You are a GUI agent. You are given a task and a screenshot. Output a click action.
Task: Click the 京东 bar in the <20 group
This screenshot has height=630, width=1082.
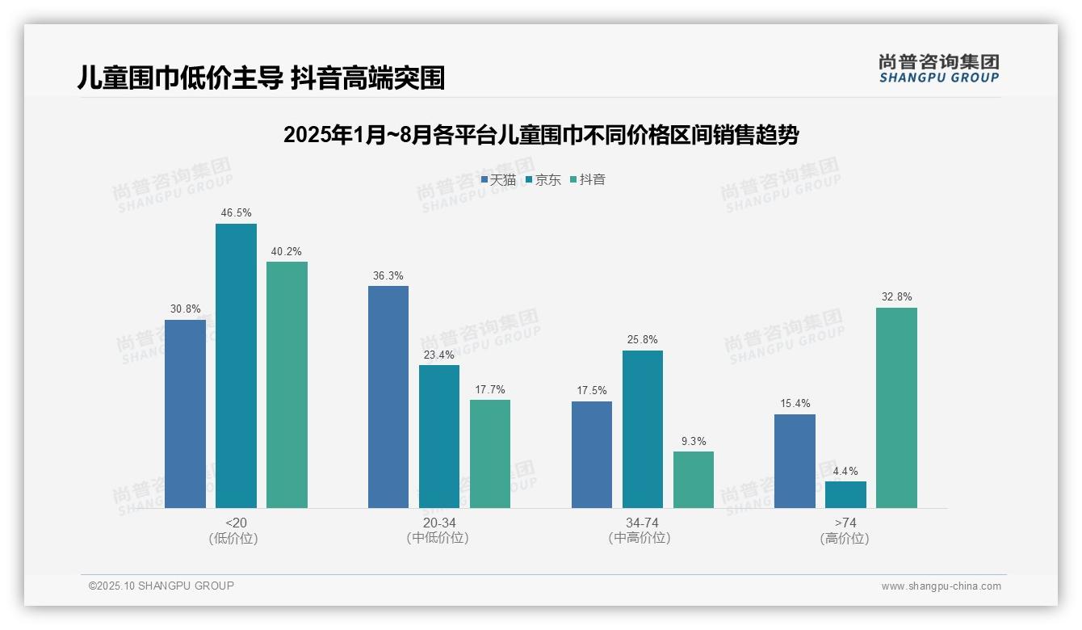pos(236,366)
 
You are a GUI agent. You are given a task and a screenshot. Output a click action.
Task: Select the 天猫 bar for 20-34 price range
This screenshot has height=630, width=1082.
pos(388,397)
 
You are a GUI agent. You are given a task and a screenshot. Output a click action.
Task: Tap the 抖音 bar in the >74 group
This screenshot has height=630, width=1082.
pos(896,408)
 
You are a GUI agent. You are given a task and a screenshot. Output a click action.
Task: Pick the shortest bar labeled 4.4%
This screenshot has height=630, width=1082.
pos(845,494)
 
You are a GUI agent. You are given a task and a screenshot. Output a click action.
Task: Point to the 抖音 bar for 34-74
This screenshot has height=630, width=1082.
pos(694,480)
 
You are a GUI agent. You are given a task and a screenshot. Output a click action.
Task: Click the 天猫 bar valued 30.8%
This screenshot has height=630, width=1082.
pos(185,414)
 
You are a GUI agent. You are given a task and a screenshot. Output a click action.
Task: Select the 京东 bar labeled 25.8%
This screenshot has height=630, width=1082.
pos(643,429)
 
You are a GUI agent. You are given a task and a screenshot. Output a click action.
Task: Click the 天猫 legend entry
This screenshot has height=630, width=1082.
pos(499,180)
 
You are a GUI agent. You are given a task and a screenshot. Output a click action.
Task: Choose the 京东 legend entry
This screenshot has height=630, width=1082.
pos(543,180)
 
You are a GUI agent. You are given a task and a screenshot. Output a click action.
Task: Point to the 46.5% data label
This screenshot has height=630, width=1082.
pos(236,213)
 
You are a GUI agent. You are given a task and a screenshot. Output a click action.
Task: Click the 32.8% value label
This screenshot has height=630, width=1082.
pos(896,297)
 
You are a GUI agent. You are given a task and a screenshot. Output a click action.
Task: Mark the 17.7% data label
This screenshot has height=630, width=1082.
pos(490,389)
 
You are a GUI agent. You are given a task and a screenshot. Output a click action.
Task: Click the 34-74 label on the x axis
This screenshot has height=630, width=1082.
pos(642,523)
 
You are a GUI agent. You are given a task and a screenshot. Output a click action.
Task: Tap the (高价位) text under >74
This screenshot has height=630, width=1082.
pos(845,539)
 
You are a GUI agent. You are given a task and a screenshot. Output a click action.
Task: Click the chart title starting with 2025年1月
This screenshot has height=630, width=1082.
pos(540,135)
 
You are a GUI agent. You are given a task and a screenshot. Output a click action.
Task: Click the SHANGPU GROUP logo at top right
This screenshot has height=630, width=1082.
pos(938,69)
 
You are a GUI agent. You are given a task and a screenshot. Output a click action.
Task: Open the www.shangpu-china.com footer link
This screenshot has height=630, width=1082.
pos(941,586)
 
